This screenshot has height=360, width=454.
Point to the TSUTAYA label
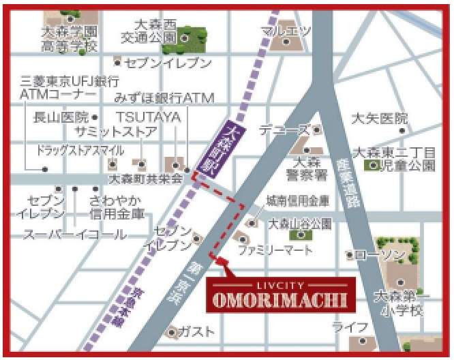pyautogui.click(x=147, y=117)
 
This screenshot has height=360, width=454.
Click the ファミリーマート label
pyautogui.click(x=275, y=250)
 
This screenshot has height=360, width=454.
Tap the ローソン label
pyautogui.click(x=380, y=255)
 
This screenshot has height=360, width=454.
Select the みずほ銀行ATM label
pyautogui.click(x=164, y=98)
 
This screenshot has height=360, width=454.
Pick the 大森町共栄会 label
pyautogui.click(x=146, y=179)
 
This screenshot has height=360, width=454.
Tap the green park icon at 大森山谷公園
pyautogui.click(x=300, y=235)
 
